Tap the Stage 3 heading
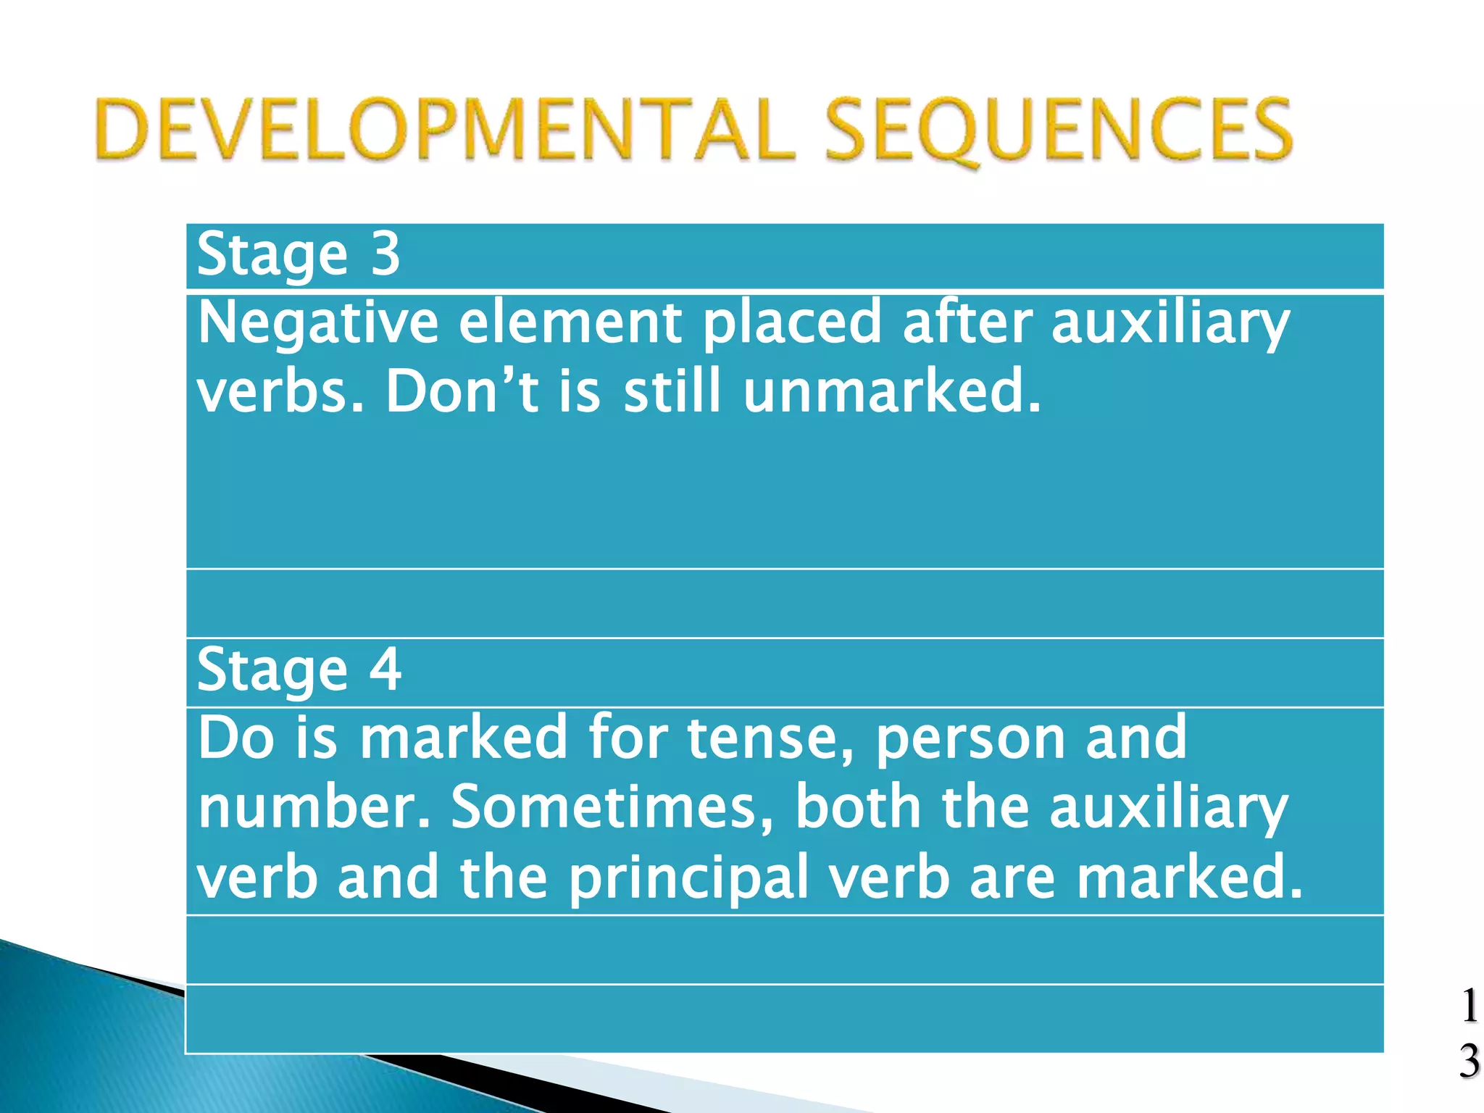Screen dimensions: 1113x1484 pos(298,255)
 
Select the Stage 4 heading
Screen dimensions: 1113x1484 pos(299,670)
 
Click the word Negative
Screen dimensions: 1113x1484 pos(317,323)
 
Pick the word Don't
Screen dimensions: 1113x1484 pos(462,392)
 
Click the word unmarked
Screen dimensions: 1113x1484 pos(892,392)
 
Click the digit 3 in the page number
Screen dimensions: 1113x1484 pos(1469,1062)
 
